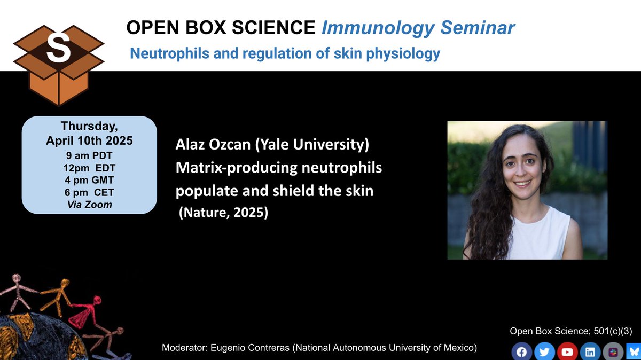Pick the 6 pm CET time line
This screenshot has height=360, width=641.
tap(89, 192)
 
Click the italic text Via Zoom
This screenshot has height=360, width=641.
tap(89, 204)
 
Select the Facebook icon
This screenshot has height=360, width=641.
tap(521, 352)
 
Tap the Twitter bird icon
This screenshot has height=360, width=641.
tap(544, 352)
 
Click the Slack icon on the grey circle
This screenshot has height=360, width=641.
tap(612, 352)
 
